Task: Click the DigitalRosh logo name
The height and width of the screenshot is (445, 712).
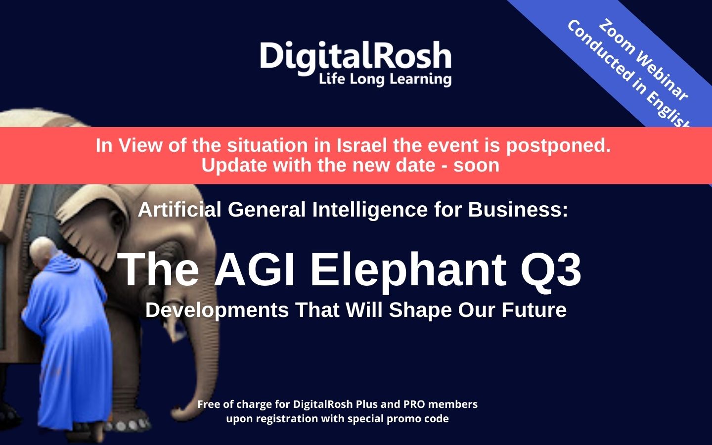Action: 356,56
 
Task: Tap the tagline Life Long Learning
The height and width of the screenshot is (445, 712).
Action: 385,79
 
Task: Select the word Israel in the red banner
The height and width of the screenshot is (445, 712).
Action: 362,145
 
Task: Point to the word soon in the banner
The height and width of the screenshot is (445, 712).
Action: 476,165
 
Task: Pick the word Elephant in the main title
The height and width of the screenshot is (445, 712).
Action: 408,270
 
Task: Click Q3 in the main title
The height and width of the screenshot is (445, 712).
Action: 551,269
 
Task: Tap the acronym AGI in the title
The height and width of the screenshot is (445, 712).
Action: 254,269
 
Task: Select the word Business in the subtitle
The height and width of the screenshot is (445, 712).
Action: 518,210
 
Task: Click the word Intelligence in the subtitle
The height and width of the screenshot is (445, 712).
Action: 370,210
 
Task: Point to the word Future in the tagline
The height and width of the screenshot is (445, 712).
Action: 534,310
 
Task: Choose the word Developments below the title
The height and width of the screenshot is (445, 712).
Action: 217,310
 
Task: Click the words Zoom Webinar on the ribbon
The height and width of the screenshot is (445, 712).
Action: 644,60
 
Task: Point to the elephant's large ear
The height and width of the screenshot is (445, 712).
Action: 92,229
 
